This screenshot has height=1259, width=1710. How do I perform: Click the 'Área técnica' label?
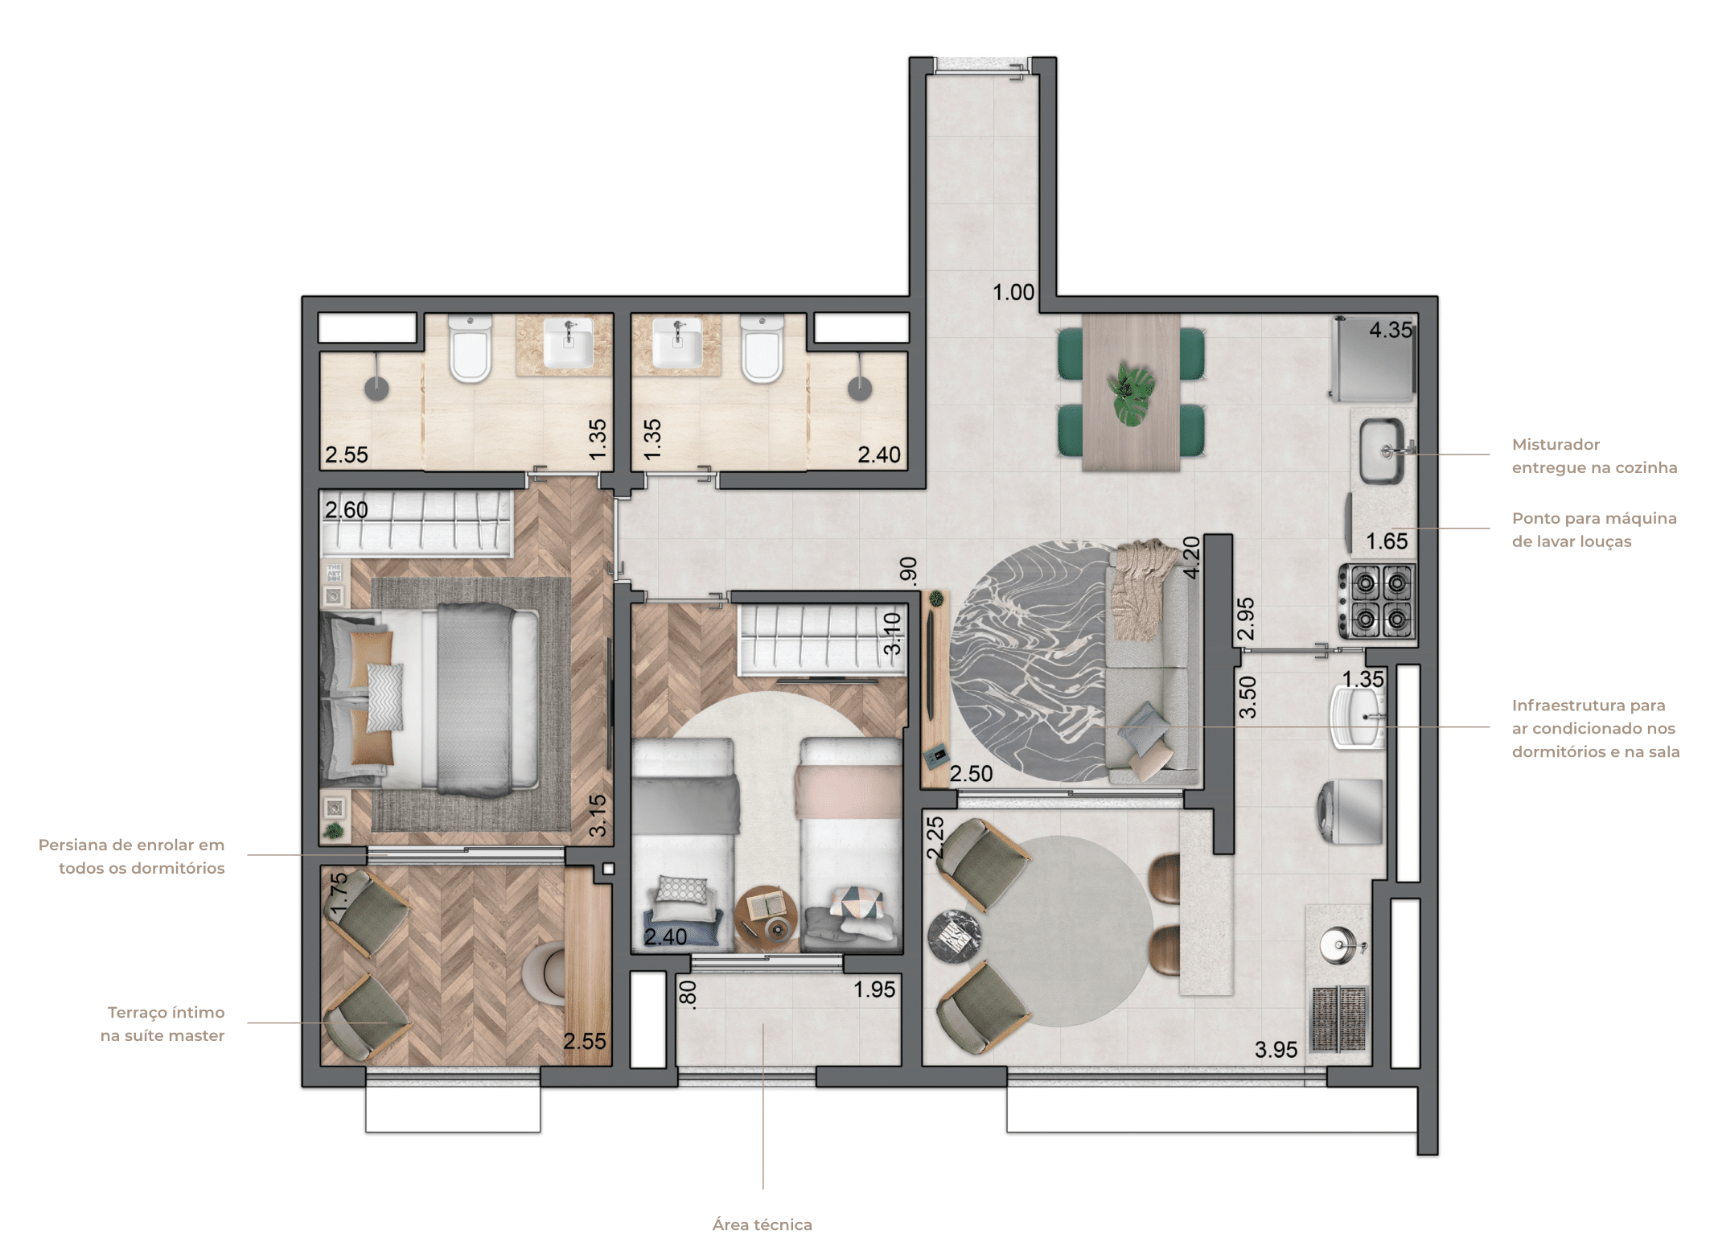pyautogui.click(x=762, y=1224)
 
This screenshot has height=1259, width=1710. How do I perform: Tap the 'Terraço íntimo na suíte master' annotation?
pyautogui.click(x=162, y=1023)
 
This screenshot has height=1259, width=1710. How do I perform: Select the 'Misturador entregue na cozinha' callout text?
pyautogui.click(x=1594, y=455)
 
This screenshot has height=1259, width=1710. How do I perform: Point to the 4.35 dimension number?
pyautogui.click(x=1391, y=330)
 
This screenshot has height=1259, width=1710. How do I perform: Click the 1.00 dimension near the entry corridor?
pyautogui.click(x=1013, y=292)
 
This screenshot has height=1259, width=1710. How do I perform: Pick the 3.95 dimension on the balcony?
pyautogui.click(x=1276, y=1050)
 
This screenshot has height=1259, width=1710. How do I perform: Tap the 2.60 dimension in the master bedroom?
pyautogui.click(x=346, y=510)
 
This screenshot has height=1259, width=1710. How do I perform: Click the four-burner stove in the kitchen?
pyautogui.click(x=1377, y=602)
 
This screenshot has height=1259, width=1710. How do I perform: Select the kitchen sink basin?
pyautogui.click(x=1382, y=451)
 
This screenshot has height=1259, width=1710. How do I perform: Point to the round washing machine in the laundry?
pyautogui.click(x=1350, y=811)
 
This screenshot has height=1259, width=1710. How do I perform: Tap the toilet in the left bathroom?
pyautogui.click(x=470, y=349)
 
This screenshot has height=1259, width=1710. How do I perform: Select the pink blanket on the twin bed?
pyautogui.click(x=849, y=791)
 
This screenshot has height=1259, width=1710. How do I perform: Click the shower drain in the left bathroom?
pyautogui.click(x=376, y=389)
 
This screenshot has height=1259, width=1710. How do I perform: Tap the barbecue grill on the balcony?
pyautogui.click(x=1339, y=1018)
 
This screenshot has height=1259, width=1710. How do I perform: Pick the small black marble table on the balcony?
pyautogui.click(x=954, y=936)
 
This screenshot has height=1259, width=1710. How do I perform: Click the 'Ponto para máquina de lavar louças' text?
pyautogui.click(x=1594, y=529)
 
